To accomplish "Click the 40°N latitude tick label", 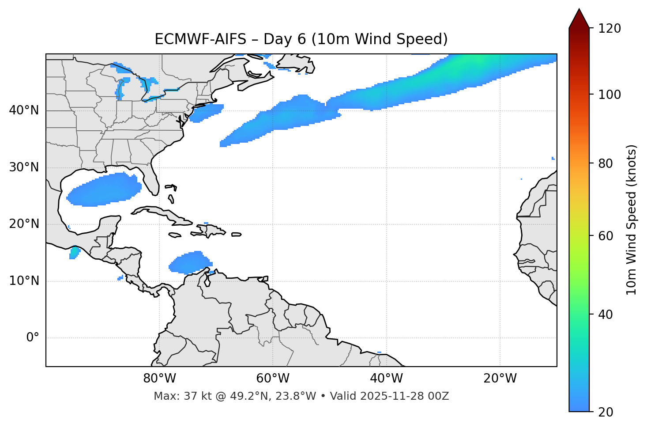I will click(24, 110).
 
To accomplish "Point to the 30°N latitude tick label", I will click(24, 167).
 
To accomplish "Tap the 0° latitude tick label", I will click(33, 338).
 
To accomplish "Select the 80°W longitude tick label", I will click(159, 379).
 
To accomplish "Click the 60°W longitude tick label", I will click(273, 379).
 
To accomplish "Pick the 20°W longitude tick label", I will click(500, 379).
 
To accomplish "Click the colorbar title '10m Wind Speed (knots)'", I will click(631, 220).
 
